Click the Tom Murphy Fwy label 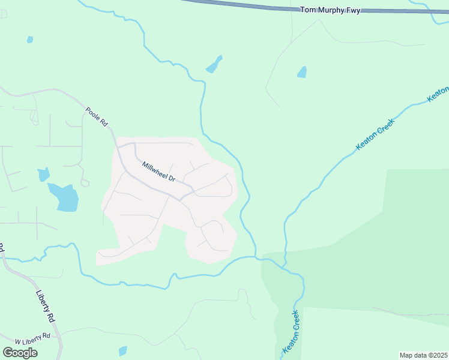[330, 10]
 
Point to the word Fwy [352, 10]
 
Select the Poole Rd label [96, 116]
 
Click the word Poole [93, 113]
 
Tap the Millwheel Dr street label [158, 172]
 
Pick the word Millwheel [154, 170]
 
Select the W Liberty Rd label [32, 339]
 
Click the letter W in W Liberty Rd [17, 341]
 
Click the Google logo [20, 353]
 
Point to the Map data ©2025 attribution [423, 355]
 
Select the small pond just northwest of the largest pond [43, 175]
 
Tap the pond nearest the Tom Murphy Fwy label [301, 72]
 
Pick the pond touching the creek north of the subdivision [214, 64]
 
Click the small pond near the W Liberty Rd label [123, 351]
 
